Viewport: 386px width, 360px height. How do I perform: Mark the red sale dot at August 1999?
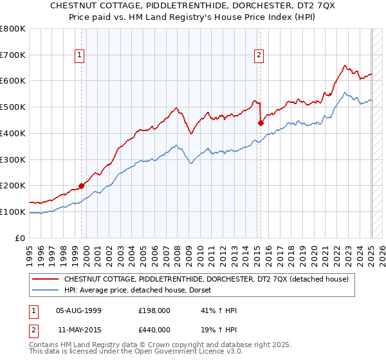82,186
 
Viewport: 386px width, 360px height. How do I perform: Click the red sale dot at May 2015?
261,123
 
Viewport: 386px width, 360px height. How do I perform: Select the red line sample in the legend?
45,279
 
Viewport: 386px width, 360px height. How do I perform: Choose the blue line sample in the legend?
45,290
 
